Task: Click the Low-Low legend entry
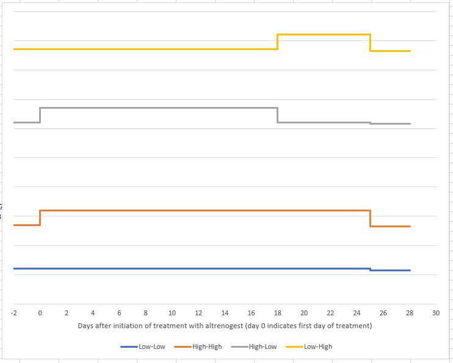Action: pos(143,346)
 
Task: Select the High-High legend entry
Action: pos(198,346)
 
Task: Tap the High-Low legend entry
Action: pos(254,346)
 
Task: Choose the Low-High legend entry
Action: pos(309,346)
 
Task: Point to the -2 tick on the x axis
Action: pos(13,313)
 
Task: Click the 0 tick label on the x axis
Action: pos(40,313)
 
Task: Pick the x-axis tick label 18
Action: pos(278,313)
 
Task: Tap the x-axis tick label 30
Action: pos(436,313)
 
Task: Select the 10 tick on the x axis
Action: pos(172,313)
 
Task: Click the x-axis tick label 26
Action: pos(383,313)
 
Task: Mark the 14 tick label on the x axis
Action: pos(225,313)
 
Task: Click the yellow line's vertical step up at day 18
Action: pos(278,42)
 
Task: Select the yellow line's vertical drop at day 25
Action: pos(370,43)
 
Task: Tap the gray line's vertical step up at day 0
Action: pos(40,115)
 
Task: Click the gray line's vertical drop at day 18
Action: pos(278,115)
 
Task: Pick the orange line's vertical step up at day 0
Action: pos(40,218)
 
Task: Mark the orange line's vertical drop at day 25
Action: pos(370,218)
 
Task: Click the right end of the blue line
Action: pos(410,271)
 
